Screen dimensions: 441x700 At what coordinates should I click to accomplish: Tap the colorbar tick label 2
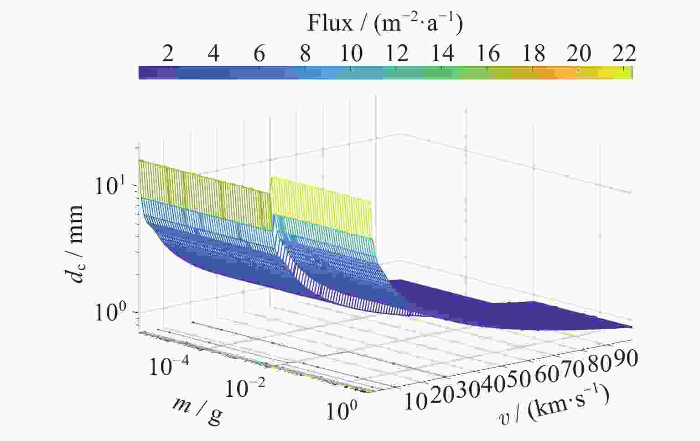click(x=167, y=54)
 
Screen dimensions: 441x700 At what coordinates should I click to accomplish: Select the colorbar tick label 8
click(x=305, y=54)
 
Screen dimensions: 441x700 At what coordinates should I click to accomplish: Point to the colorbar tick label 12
click(x=396, y=54)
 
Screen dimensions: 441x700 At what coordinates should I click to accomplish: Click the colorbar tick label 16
click(x=487, y=54)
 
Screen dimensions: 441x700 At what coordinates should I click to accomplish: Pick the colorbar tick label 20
click(x=579, y=54)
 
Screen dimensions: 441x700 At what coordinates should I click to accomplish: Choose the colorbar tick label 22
click(x=624, y=54)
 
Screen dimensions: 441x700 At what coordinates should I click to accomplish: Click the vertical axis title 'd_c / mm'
click(x=74, y=243)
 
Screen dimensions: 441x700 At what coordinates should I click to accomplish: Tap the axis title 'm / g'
click(x=197, y=409)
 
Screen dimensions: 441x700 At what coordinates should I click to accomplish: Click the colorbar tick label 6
click(x=259, y=54)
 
